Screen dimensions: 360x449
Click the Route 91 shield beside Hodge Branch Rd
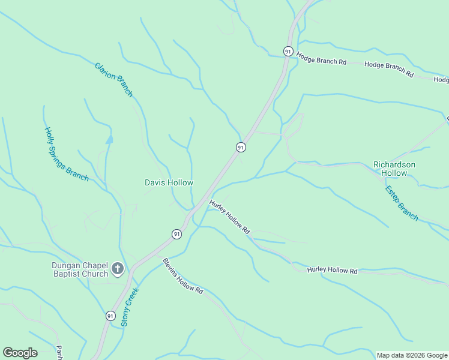[289, 52]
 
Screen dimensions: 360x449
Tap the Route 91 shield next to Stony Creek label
[110, 316]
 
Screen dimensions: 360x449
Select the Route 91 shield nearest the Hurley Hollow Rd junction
[176, 234]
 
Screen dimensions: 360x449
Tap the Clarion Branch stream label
[113, 79]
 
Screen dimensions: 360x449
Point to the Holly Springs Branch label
[66, 154]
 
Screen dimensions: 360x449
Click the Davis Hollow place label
[169, 182]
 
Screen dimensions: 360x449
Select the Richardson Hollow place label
[394, 169]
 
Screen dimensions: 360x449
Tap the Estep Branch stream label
[401, 203]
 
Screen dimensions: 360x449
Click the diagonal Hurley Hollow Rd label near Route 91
[229, 217]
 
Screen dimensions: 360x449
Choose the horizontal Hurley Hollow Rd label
[332, 271]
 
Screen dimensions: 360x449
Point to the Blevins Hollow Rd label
[183, 275]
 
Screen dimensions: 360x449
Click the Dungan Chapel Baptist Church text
[79, 269]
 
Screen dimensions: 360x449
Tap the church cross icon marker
[118, 269]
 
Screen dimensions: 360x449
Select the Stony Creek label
[129, 307]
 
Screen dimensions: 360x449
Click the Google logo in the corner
[20, 353]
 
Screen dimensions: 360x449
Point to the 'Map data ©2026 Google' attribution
[412, 355]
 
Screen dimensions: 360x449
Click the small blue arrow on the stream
[109, 139]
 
